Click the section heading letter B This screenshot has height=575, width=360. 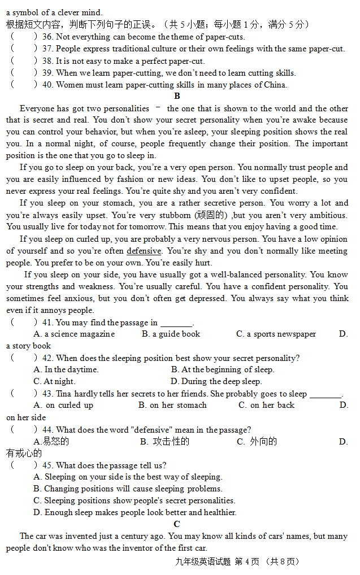(177, 96)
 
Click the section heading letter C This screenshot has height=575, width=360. (177, 524)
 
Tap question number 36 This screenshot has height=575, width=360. (47, 37)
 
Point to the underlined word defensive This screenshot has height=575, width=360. (144, 251)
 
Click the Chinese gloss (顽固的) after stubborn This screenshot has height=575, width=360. (211, 215)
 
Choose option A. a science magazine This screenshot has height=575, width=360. (74, 334)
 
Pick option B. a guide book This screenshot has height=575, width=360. (171, 334)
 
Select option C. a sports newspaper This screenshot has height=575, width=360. (276, 334)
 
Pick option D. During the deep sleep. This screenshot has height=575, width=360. (216, 381)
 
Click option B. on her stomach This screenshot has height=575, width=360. (172, 405)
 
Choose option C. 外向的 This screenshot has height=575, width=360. (257, 441)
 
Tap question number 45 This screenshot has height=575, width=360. (47, 465)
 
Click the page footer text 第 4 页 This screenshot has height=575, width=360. (246, 561)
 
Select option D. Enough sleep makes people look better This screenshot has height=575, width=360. (135, 512)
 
